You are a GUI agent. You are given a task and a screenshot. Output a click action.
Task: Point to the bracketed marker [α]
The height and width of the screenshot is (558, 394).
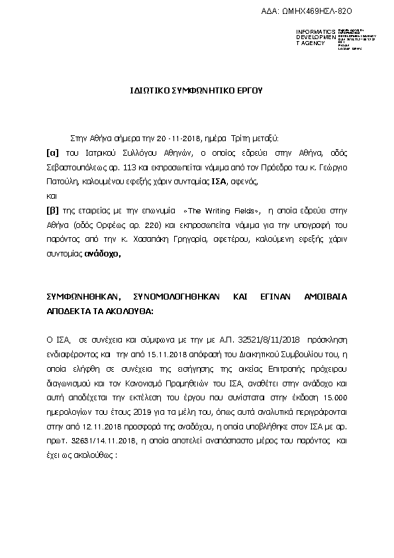coord(51,152)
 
